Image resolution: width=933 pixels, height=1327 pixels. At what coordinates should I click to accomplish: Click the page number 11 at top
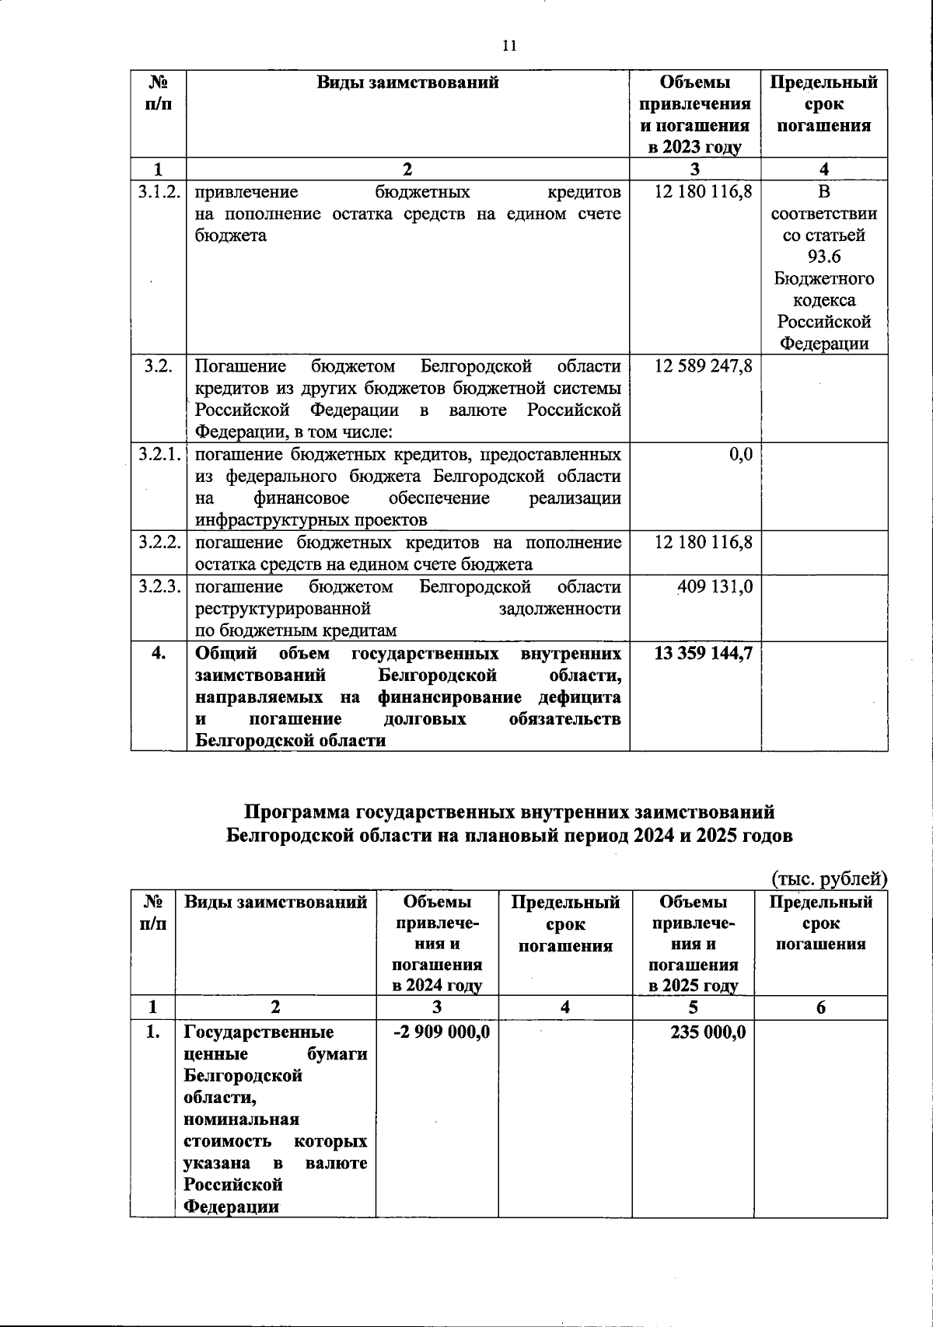pos(509,46)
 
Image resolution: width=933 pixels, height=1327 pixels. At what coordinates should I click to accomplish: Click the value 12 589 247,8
pos(703,365)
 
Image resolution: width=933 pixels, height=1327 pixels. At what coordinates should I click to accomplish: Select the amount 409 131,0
pos(715,586)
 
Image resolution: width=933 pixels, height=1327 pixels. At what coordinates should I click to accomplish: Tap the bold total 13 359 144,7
pos(703,653)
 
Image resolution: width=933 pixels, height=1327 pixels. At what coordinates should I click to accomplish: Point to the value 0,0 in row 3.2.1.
pos(740,454)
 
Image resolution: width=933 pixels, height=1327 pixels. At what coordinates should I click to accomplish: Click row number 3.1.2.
pos(159,191)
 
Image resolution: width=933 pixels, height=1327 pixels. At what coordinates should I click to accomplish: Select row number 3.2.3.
pos(159,586)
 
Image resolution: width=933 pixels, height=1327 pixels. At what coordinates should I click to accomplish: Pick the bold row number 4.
pos(159,653)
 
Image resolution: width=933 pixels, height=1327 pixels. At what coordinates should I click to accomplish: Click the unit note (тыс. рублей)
pos(829,878)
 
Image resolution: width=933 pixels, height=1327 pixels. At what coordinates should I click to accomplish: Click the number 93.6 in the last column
pos(824,257)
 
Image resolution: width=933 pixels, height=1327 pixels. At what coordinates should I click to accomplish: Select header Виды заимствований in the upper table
pos(407,82)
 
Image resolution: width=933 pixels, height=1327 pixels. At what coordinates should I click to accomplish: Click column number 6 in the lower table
pos(820,1007)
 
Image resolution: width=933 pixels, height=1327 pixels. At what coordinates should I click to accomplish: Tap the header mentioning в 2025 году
pos(693,986)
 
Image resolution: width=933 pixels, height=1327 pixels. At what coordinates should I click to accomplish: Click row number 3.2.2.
pos(159,543)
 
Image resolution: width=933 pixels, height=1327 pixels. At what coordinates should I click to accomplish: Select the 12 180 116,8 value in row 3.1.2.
pos(703,191)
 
